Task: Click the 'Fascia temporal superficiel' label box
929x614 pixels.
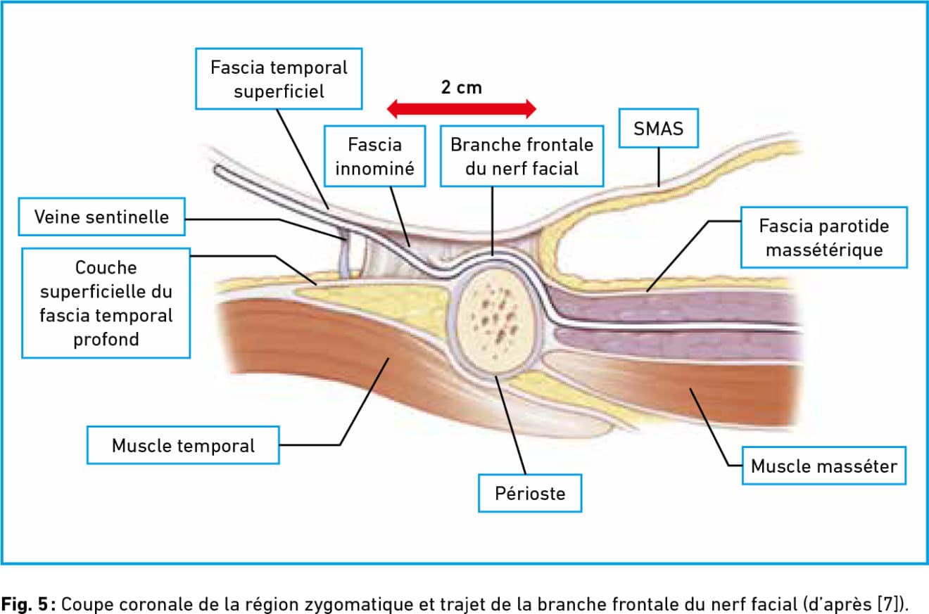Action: point(279,79)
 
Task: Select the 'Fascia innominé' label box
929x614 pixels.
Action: point(374,156)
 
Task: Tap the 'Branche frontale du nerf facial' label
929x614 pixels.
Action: point(522,156)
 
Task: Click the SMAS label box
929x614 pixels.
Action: point(658,128)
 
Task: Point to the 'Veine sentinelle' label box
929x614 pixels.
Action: point(102,217)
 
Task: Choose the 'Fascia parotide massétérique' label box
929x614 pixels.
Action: point(823,237)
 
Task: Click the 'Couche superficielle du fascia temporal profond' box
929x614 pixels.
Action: point(106,302)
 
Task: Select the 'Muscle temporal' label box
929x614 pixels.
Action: point(183,445)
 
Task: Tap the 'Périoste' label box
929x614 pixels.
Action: point(530,493)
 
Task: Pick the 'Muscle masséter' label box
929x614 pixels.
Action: point(823,466)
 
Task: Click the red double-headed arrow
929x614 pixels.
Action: point(462,109)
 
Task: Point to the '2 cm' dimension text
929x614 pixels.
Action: point(462,87)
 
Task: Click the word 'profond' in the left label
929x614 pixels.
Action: point(106,339)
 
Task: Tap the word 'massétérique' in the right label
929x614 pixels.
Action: point(823,250)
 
